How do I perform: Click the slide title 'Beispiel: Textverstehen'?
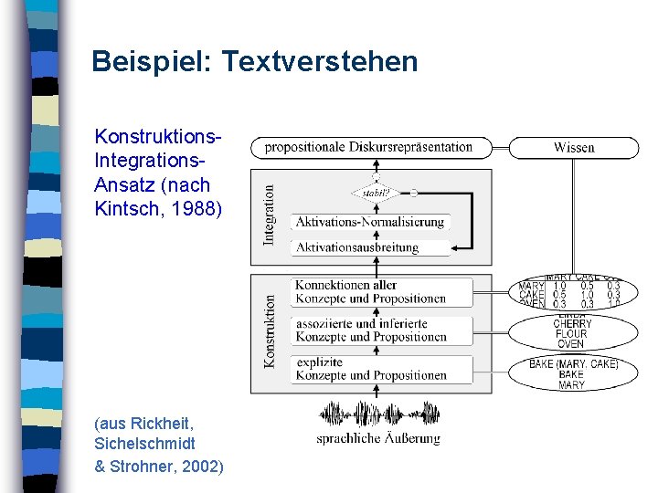point(255,62)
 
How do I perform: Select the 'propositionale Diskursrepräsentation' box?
point(369,147)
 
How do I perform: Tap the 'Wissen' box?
point(574,147)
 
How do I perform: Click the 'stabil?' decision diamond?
point(376,193)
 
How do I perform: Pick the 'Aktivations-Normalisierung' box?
point(370,222)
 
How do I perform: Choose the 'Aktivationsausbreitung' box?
point(370,247)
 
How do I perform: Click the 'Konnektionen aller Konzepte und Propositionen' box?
point(370,292)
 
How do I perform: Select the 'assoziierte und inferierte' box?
point(370,330)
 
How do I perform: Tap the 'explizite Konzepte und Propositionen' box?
point(370,369)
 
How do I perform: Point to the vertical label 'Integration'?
point(269,215)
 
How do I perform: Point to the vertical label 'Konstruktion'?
point(270,330)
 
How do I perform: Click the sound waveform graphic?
point(378,414)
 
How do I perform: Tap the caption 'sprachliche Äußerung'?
point(378,438)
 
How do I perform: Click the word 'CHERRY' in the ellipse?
point(572,324)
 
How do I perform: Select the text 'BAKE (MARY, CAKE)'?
point(574,364)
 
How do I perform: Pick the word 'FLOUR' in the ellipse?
point(572,334)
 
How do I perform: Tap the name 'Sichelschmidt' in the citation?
point(144,444)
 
